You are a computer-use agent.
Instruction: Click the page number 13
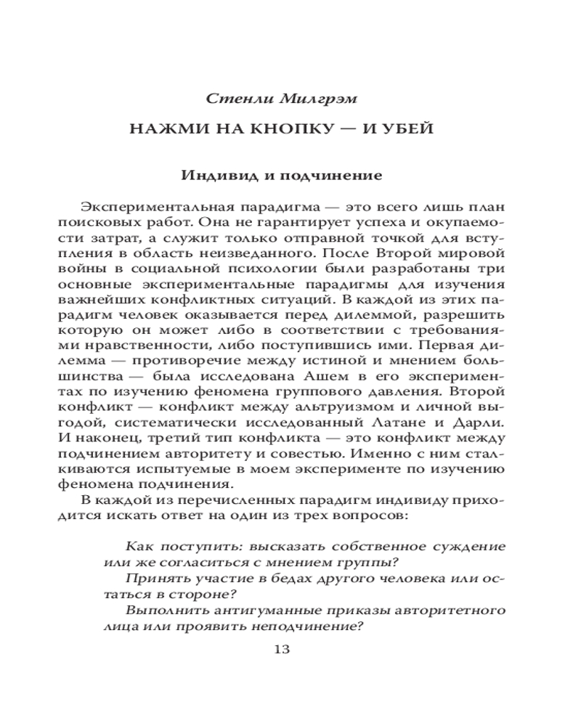coord(281,648)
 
